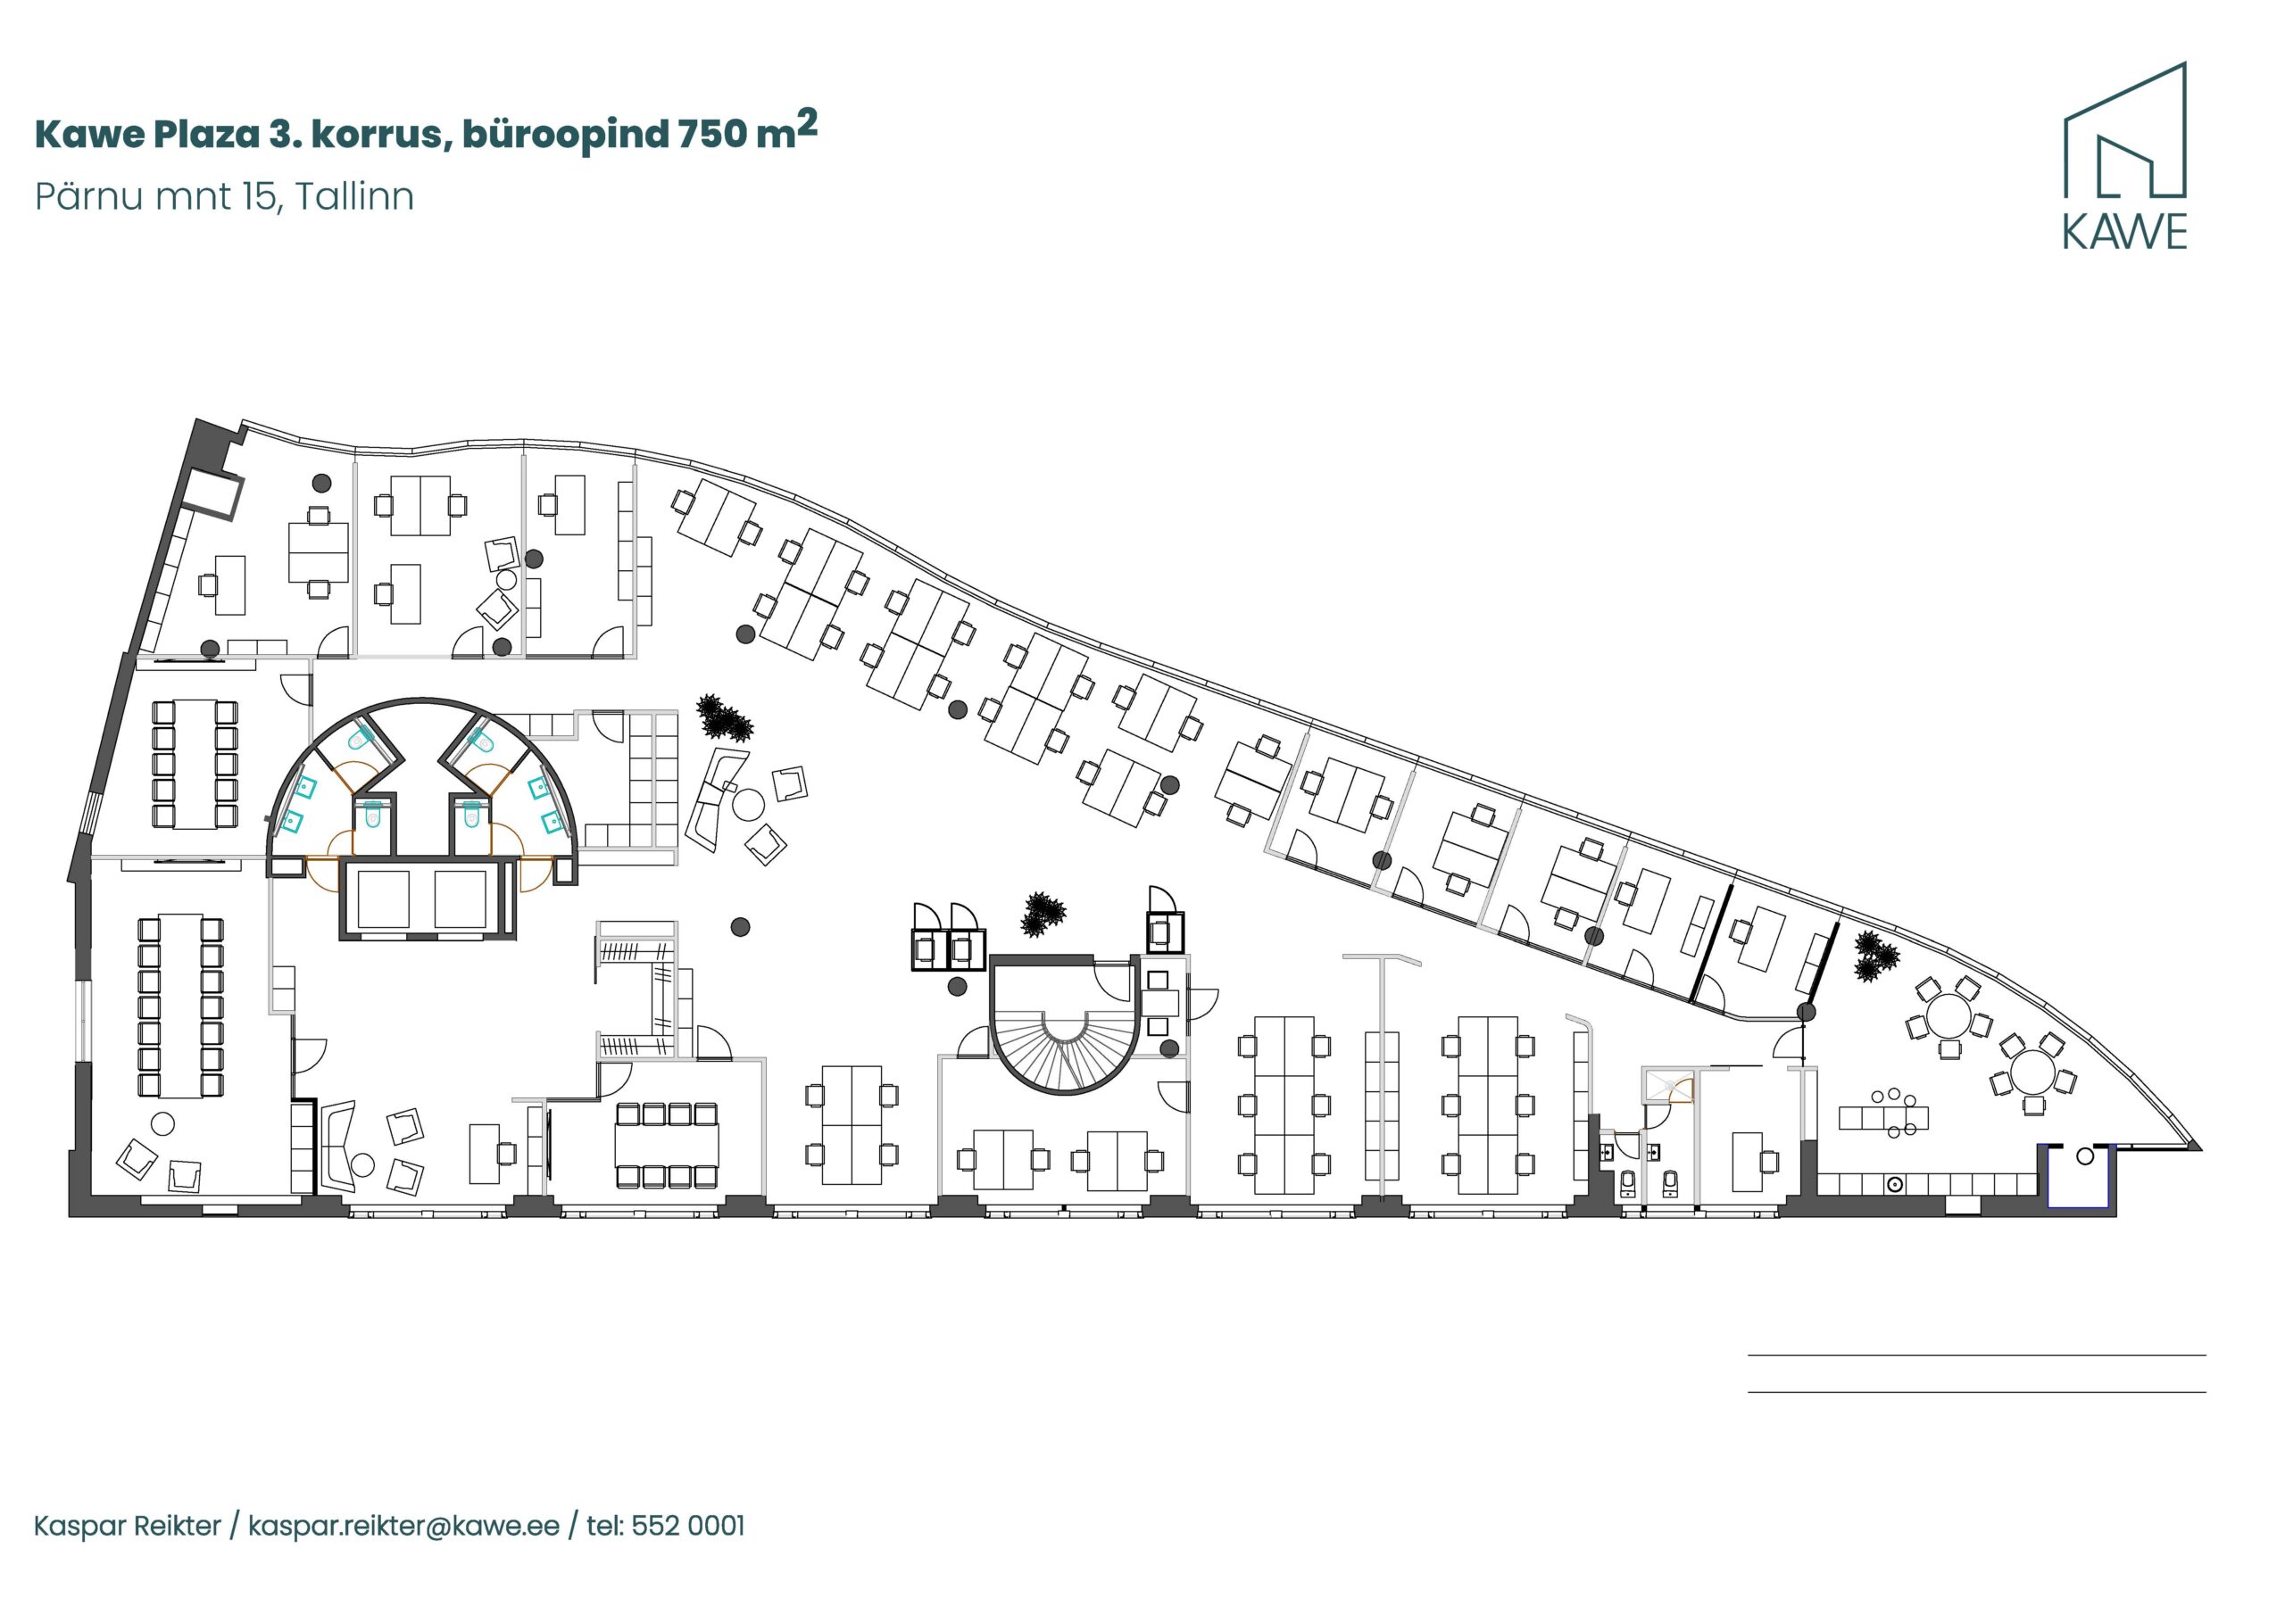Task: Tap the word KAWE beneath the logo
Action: pos(2123,232)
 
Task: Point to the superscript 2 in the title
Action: pos(806,123)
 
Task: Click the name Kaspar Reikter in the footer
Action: pos(128,1526)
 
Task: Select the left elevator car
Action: pos(383,899)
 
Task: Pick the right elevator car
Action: pos(460,899)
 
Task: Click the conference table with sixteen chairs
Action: pos(180,1005)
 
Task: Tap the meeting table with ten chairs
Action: pos(195,764)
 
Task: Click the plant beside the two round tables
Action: pos(1875,957)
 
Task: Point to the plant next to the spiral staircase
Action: pos(1042,914)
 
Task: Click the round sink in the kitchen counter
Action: pos(1895,1184)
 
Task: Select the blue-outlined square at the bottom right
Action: pos(2078,1176)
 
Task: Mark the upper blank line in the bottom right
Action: pos(1976,1355)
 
